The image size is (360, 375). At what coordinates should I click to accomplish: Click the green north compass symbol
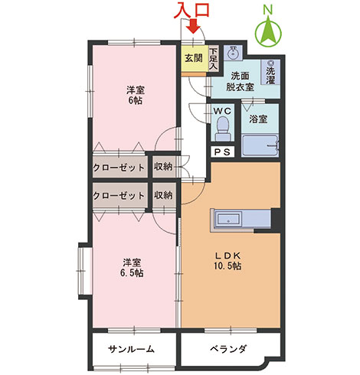point(268,31)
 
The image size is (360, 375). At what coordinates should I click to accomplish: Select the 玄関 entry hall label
point(193,58)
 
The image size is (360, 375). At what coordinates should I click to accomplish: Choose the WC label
point(222,110)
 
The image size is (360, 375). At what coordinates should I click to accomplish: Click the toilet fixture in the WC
point(222,132)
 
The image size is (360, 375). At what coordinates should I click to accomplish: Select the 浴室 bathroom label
point(258,119)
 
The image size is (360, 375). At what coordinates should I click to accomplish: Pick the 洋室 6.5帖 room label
point(134,266)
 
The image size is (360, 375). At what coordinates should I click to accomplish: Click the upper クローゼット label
point(119,167)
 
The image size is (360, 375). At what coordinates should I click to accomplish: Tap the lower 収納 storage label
point(163,195)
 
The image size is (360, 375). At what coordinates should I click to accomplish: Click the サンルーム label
point(131,349)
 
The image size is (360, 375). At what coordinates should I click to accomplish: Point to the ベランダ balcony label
point(227,349)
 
